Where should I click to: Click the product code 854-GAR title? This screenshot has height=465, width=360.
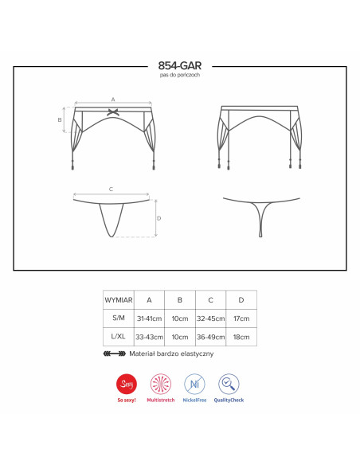coord(180,65)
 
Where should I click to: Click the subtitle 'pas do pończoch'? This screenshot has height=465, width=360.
coord(180,75)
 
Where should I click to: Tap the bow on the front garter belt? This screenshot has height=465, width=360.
coord(113,112)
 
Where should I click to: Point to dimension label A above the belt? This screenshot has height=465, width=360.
coord(113,100)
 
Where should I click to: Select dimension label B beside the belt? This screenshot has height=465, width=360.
coord(60,119)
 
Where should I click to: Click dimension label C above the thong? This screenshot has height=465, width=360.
coord(111,189)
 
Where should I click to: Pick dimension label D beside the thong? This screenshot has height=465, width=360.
coord(159,218)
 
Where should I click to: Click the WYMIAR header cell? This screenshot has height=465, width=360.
coord(119,300)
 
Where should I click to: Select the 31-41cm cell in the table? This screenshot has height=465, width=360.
coord(149,318)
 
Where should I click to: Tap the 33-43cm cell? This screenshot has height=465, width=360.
coord(149,337)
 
